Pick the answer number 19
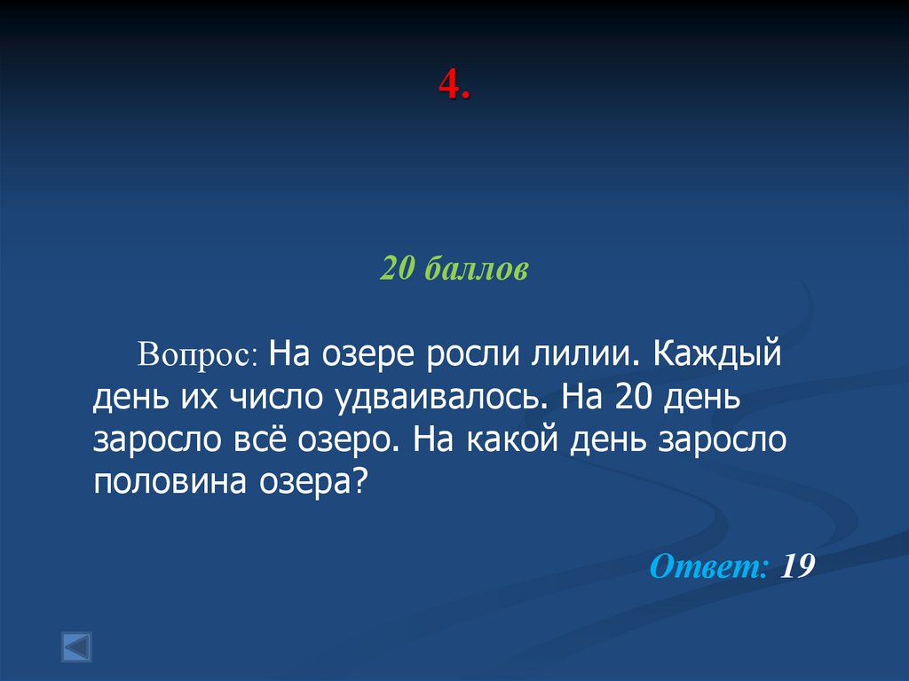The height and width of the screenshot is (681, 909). (798, 566)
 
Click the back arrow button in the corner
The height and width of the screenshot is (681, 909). (76, 645)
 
